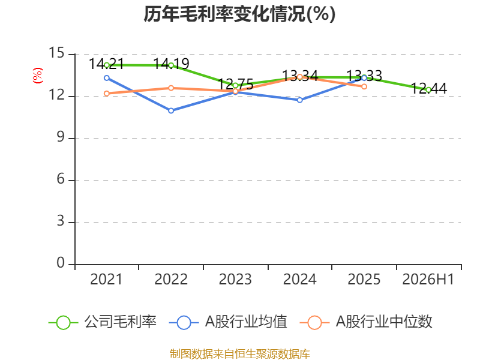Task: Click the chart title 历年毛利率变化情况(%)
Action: tap(239, 14)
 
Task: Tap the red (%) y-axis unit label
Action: tap(38, 76)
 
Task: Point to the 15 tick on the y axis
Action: tap(56, 53)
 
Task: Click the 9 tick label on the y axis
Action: tap(61, 137)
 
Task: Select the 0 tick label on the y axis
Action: tap(61, 263)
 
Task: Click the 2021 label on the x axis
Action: tap(106, 279)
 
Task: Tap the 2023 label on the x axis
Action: tap(235, 279)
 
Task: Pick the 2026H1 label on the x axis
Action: tap(428, 279)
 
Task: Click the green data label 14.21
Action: tap(106, 64)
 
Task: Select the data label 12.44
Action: tap(428, 88)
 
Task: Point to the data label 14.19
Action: tap(171, 64)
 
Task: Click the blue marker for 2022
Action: tap(171, 110)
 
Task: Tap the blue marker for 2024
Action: tap(299, 100)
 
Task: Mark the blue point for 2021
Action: tap(107, 78)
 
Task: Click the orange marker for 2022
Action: tap(171, 88)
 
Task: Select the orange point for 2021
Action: tap(107, 94)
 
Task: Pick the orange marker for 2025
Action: tap(364, 86)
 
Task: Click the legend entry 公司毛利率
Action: tap(103, 322)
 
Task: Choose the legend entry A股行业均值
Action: tap(228, 322)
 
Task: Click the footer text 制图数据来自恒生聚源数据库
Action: tap(239, 354)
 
